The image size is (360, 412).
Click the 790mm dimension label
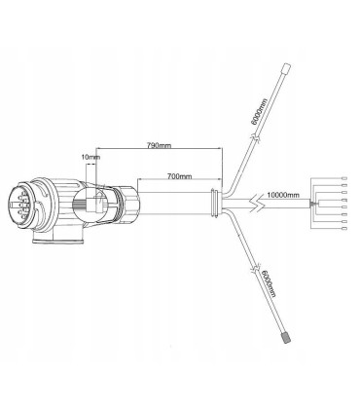coord(159,145)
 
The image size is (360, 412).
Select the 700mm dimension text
coord(179,176)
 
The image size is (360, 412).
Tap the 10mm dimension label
coord(90,157)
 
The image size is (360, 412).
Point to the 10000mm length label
coord(283,195)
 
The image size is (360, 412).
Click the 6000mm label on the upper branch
coord(259,111)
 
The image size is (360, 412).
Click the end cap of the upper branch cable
coord(285,69)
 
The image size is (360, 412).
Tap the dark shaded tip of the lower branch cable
coord(286,337)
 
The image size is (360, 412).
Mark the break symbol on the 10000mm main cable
coord(257,204)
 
